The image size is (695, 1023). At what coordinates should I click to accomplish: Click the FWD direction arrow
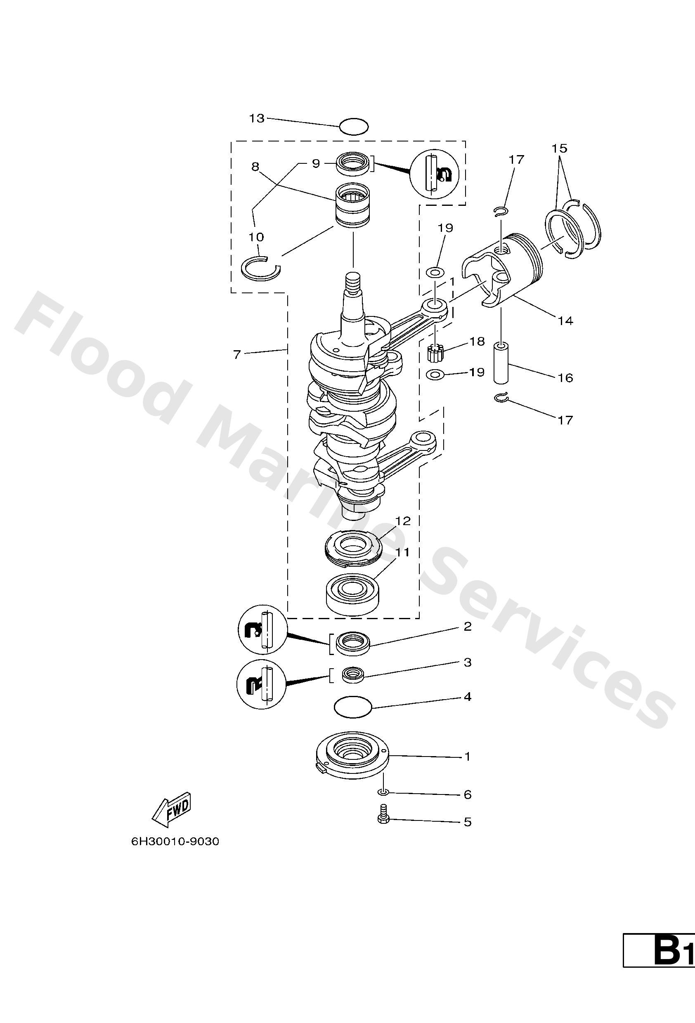point(172,809)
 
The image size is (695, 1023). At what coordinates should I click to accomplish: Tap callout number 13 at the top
point(257,118)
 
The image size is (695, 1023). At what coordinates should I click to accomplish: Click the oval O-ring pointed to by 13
point(354,126)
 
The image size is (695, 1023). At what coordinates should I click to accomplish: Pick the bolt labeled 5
point(382,819)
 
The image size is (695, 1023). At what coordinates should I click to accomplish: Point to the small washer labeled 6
point(383,793)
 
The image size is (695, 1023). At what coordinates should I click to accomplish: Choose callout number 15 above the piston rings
point(559,148)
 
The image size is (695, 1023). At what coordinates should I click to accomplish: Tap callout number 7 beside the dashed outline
point(237,354)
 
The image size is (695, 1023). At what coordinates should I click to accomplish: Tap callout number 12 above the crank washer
point(402,521)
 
